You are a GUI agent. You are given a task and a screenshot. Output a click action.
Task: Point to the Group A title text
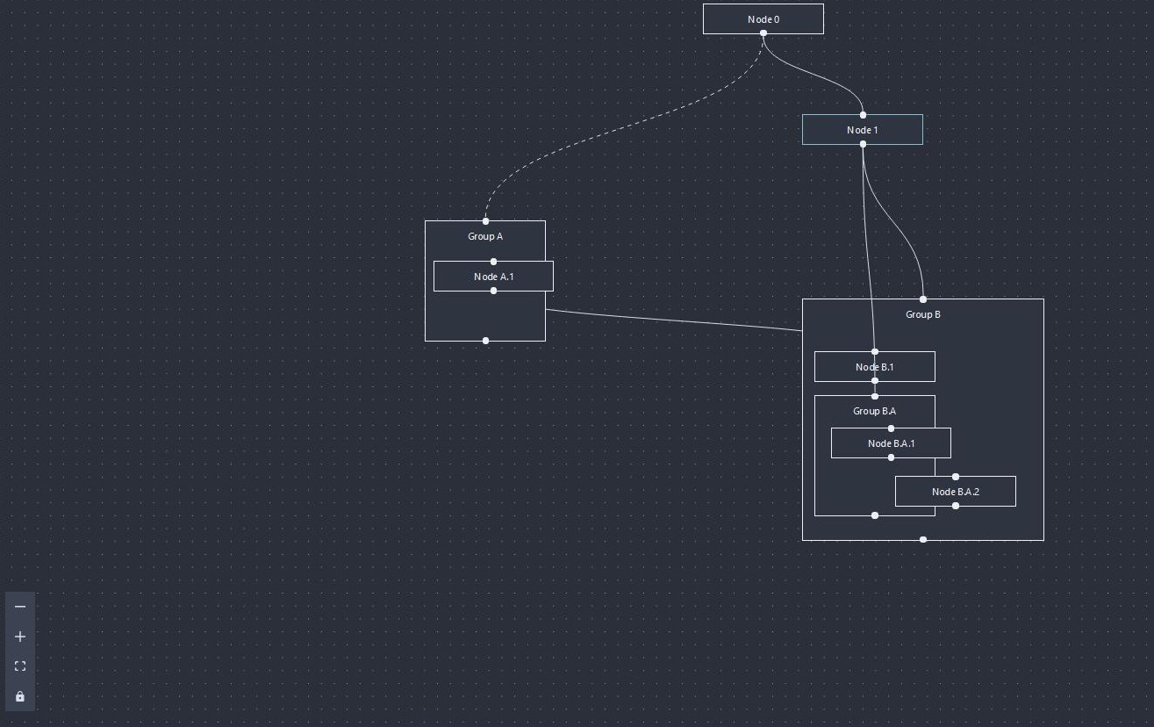pos(485,236)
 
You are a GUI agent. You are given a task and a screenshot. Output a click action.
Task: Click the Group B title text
pos(922,314)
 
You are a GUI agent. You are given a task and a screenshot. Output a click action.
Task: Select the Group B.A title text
pos(874,411)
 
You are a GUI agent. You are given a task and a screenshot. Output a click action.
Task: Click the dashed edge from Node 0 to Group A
pos(614,132)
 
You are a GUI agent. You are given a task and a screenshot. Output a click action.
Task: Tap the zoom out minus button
pos(20,607)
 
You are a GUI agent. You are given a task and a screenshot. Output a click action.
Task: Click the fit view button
pos(20,666)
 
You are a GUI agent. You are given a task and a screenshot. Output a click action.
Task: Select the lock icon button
pos(20,696)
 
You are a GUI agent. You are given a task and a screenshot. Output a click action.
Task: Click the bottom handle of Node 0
pos(763,33)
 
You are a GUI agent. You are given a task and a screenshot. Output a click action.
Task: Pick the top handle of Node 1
pos(863,115)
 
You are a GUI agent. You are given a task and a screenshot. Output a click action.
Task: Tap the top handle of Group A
pos(485,221)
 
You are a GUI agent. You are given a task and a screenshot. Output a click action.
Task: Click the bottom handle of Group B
pos(922,539)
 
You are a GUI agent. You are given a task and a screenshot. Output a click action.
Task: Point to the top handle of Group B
pos(922,299)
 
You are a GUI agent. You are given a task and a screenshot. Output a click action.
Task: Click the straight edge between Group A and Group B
pos(674,320)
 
